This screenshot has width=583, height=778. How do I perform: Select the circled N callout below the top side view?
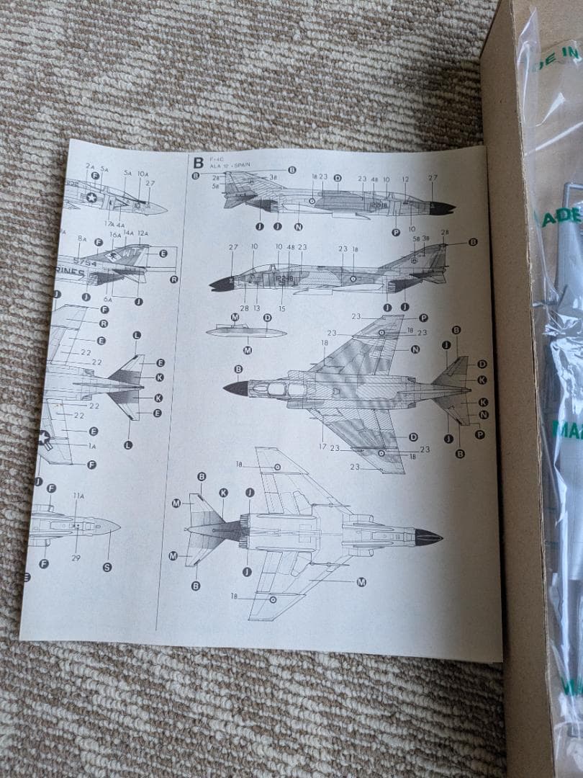click(x=297, y=226)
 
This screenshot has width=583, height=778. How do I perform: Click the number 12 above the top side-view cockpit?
click(x=405, y=179)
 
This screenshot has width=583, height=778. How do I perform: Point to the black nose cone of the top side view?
click(x=441, y=208)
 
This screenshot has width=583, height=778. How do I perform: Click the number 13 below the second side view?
click(x=256, y=308)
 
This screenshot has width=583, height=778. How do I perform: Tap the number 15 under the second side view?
click(x=281, y=309)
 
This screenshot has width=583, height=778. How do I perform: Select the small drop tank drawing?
click(x=246, y=332)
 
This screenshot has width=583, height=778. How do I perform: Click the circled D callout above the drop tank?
click(x=267, y=317)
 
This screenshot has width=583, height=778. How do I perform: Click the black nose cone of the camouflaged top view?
click(x=236, y=388)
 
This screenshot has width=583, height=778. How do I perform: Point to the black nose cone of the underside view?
click(x=428, y=537)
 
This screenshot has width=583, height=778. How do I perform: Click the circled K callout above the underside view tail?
click(x=224, y=492)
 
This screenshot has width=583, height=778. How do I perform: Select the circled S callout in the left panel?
click(x=107, y=567)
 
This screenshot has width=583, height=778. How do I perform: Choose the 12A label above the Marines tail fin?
click(x=143, y=233)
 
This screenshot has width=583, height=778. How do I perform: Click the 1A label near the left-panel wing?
click(x=91, y=447)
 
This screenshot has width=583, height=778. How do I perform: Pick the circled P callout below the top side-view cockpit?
click(x=395, y=232)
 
